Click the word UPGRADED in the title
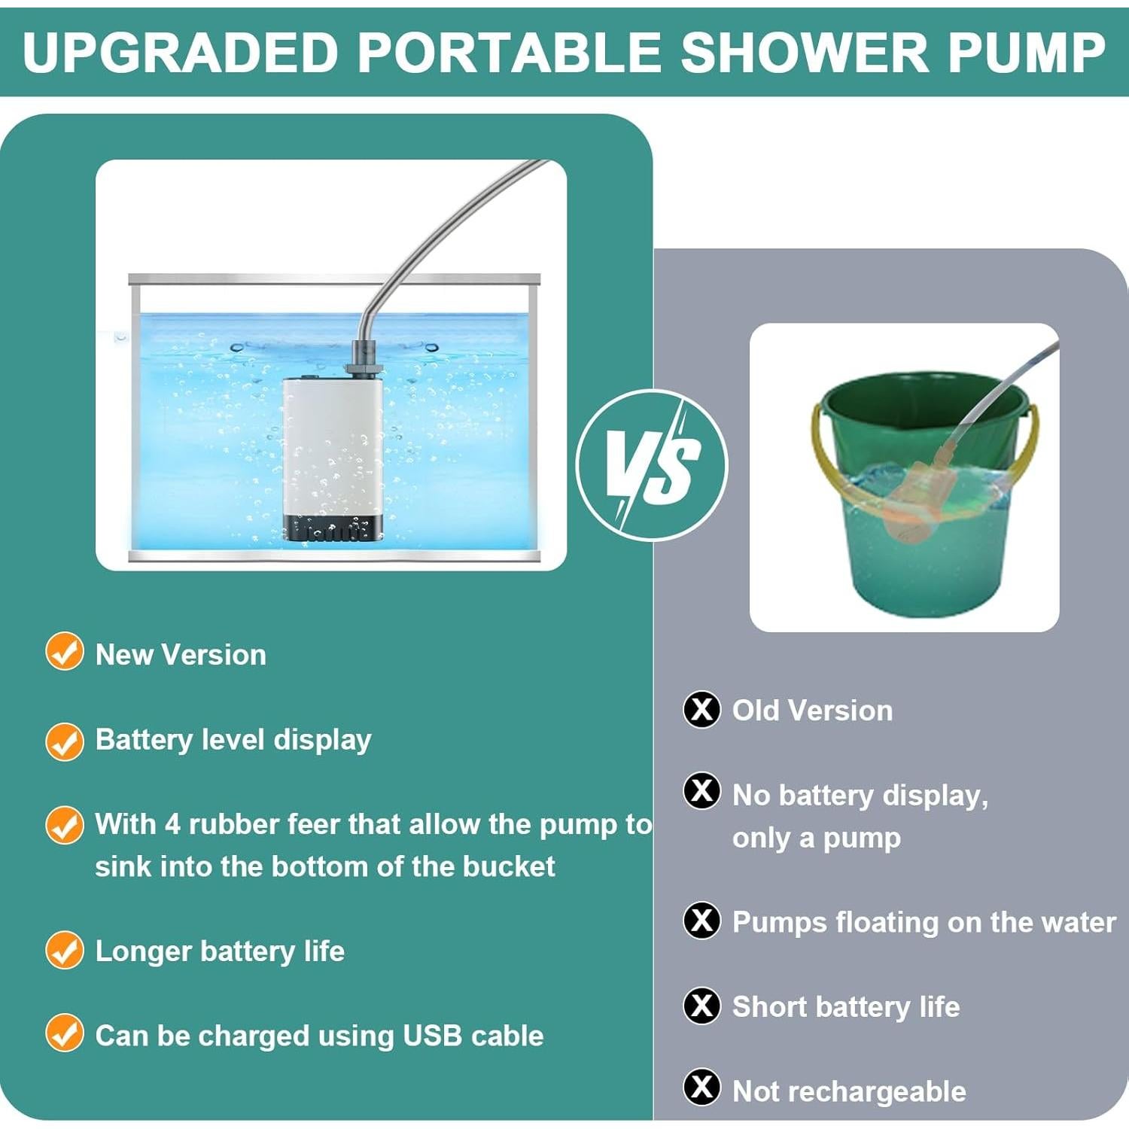click(x=180, y=52)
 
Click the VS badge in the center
click(x=652, y=465)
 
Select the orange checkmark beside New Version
click(x=64, y=652)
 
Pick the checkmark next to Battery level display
click(x=64, y=741)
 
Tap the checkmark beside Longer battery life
click(x=64, y=950)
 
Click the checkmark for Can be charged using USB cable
click(x=64, y=1033)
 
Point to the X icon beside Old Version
click(x=701, y=709)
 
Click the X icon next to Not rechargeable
click(x=701, y=1087)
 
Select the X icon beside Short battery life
click(x=701, y=1005)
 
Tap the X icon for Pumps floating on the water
click(x=701, y=920)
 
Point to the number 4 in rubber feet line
click(x=172, y=824)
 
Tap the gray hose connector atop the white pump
click(x=364, y=359)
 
